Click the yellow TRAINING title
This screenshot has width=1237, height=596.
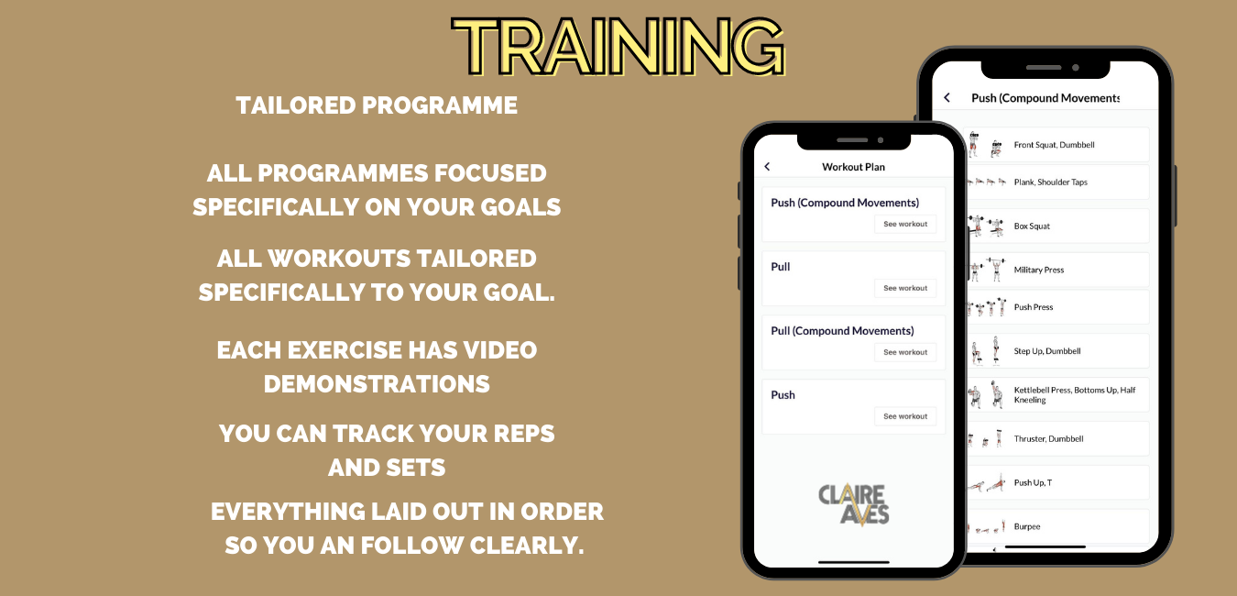[618, 47]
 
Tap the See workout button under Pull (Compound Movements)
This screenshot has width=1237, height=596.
[905, 352]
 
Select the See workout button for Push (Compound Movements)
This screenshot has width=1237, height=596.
[905, 225]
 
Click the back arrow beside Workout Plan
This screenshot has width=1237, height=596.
[767, 166]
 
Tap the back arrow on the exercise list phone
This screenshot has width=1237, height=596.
[947, 98]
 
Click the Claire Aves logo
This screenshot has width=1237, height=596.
[854, 504]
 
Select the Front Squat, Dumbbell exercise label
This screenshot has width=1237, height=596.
[1055, 145]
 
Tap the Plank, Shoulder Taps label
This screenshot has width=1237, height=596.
[1050, 182]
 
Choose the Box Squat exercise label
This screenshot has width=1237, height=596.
[1032, 226]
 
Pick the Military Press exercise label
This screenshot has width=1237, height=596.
[1039, 270]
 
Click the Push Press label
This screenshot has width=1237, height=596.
[1034, 307]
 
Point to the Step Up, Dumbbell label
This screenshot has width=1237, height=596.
[1047, 351]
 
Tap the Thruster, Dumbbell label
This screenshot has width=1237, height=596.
[1048, 439]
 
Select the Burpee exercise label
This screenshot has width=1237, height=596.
[1027, 527]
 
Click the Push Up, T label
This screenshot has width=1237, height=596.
[1034, 483]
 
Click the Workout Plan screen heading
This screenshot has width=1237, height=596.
[853, 167]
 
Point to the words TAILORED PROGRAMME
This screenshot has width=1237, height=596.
[377, 105]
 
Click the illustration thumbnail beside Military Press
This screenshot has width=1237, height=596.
[986, 270]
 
